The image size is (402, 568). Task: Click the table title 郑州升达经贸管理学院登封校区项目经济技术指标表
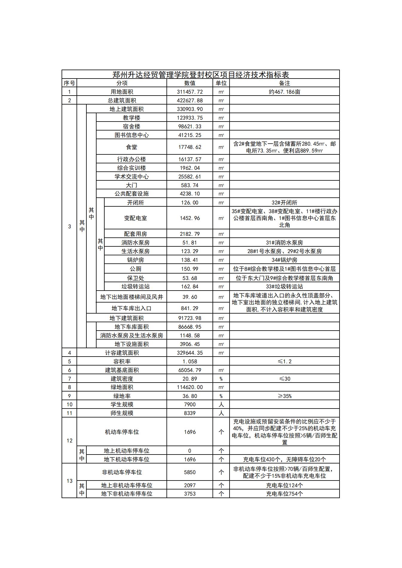pos(201,74)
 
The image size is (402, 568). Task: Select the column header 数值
pos(190,83)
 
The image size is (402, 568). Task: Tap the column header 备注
pos(284,83)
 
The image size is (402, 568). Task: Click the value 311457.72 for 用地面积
pos(190,92)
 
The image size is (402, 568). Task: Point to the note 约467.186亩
pos(284,92)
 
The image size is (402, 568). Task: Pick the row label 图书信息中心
pos(132,135)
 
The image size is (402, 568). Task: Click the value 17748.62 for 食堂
pos(190,147)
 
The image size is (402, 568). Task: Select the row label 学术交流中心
pos(132,176)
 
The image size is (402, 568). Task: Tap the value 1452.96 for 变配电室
pos(190,218)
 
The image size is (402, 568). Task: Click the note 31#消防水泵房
pos(284,242)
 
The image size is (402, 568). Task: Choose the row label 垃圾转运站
pos(135,286)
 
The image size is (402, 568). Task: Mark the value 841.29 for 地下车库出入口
pos(190,308)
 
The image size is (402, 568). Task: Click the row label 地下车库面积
pos(132,327)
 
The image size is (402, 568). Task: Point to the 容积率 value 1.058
pos(190,361)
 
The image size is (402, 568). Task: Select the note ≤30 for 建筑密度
pos(284,379)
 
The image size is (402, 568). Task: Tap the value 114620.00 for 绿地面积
pos(190,387)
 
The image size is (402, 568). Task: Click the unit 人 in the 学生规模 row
pos(221,404)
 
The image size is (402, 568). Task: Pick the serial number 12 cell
pos(69,440)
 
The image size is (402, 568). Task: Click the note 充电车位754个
pos(284,494)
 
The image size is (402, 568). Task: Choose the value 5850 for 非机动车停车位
pos(190,472)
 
